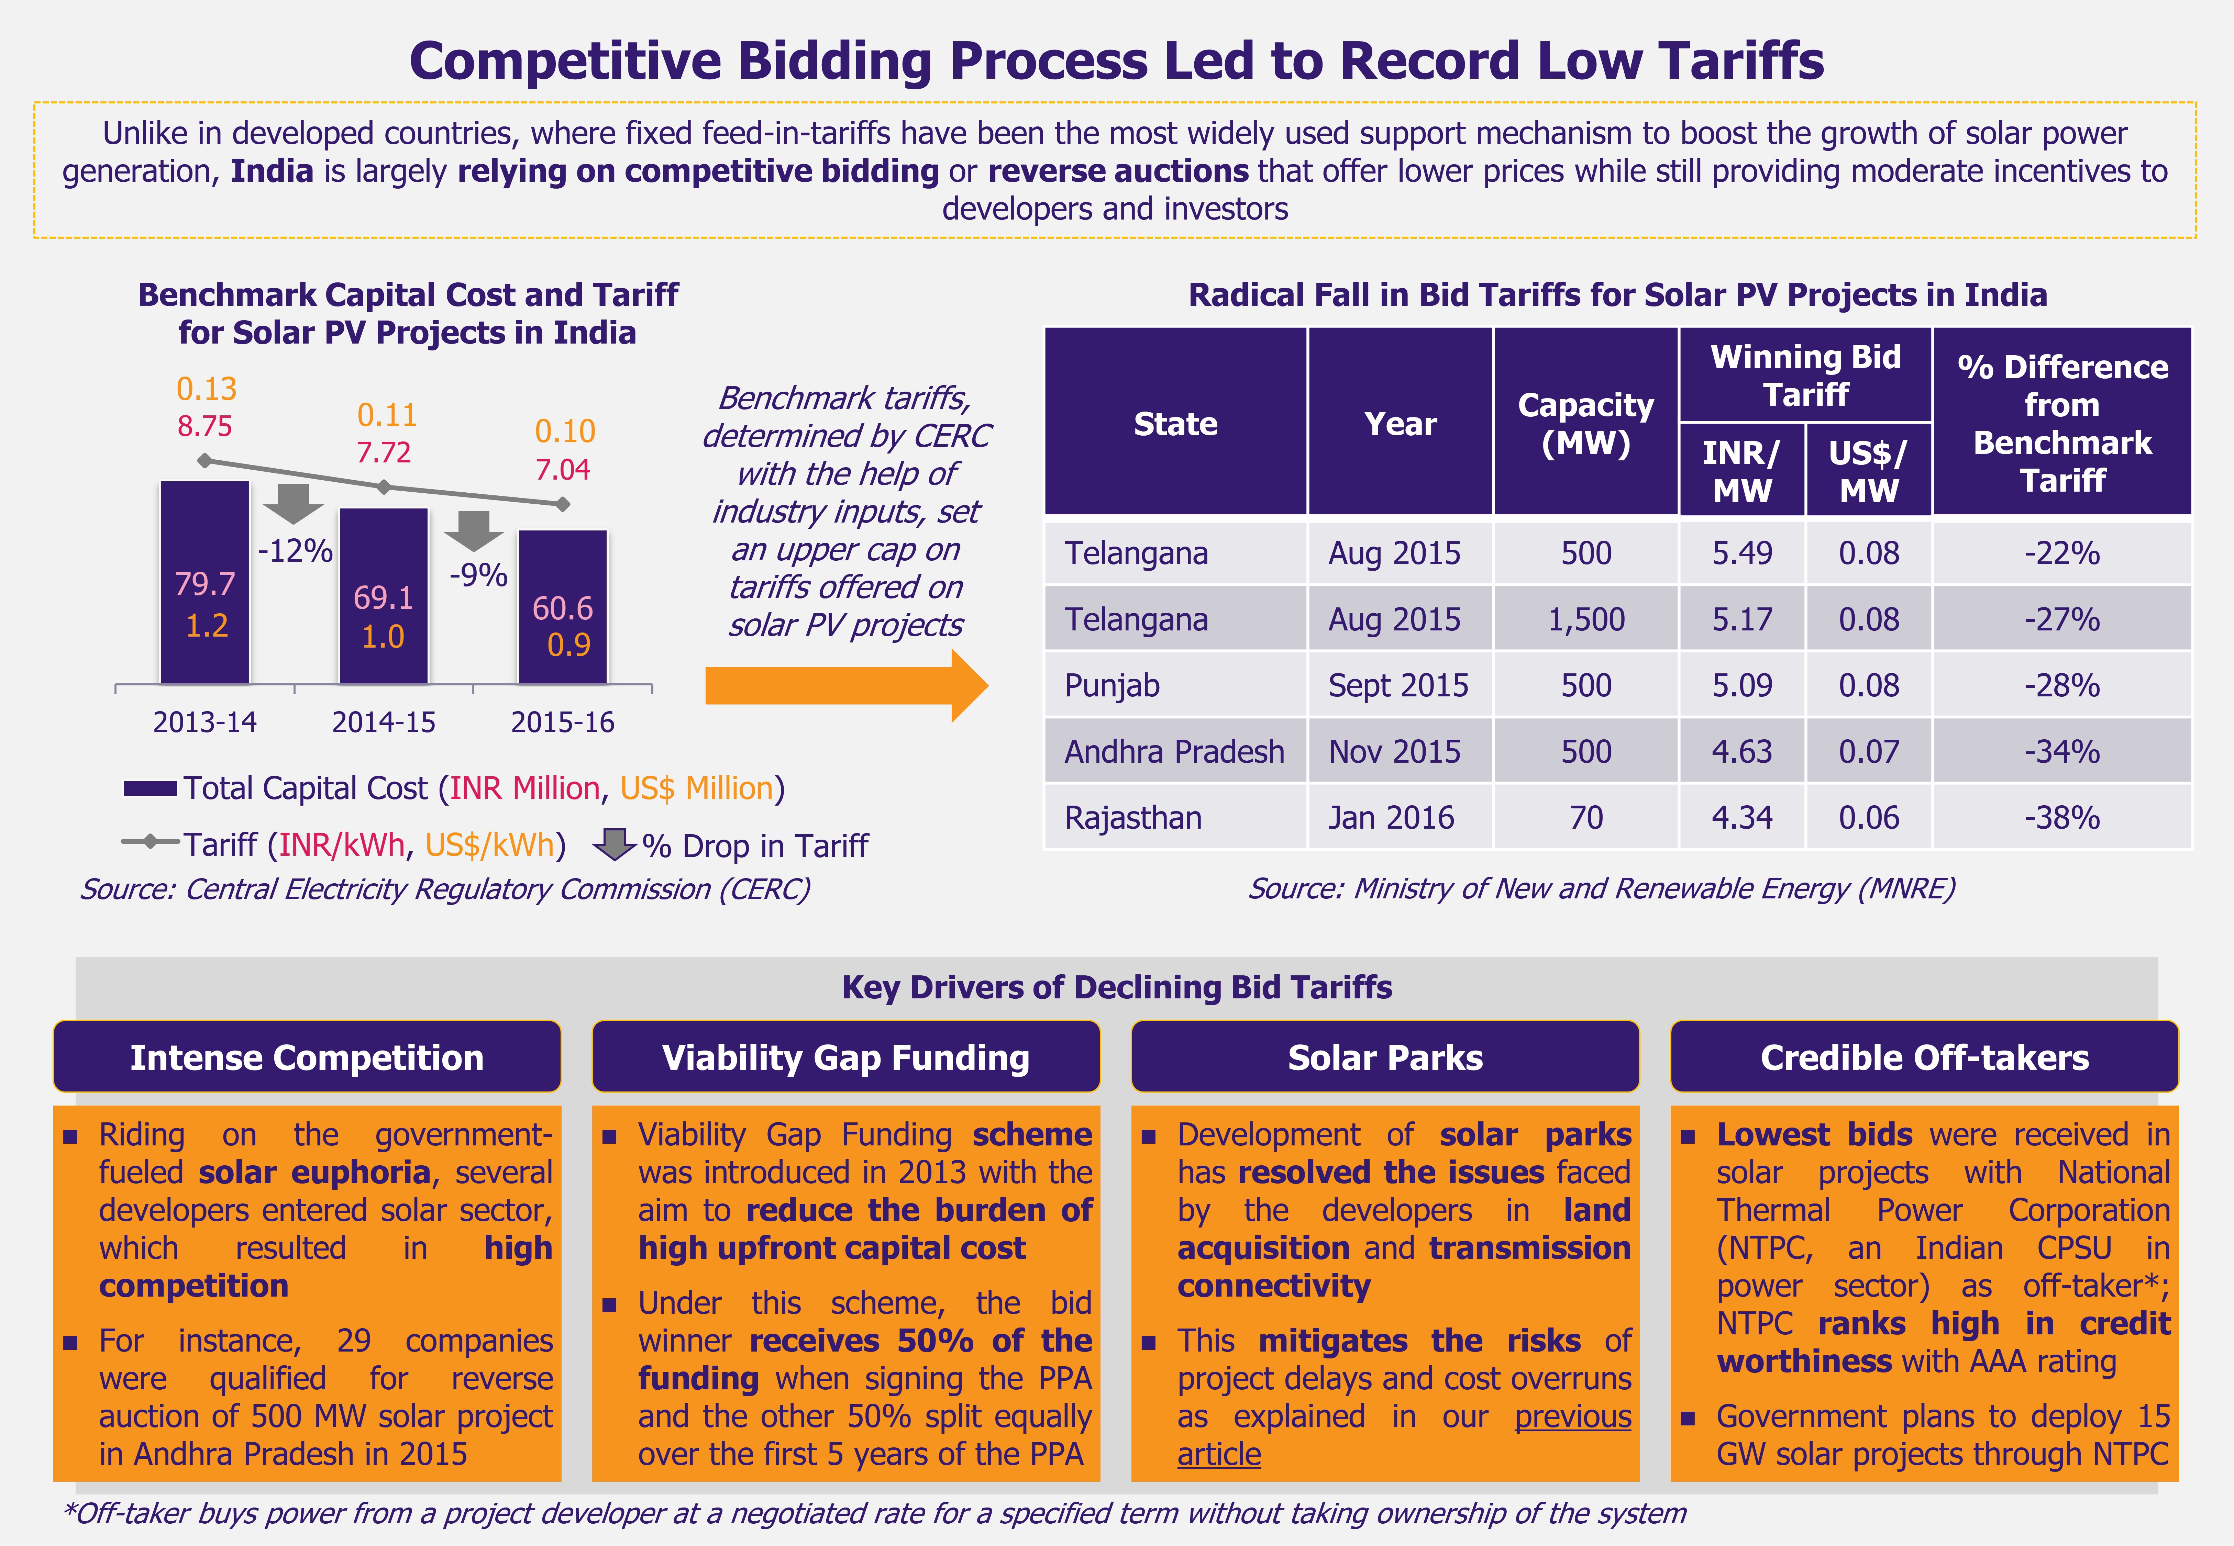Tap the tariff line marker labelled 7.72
point(384,486)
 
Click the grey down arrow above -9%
point(474,530)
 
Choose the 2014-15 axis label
point(384,722)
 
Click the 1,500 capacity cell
point(1586,619)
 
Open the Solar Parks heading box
point(1384,1057)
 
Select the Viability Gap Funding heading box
point(846,1057)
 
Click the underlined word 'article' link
point(1219,1454)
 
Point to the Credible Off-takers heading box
point(1924,1057)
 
